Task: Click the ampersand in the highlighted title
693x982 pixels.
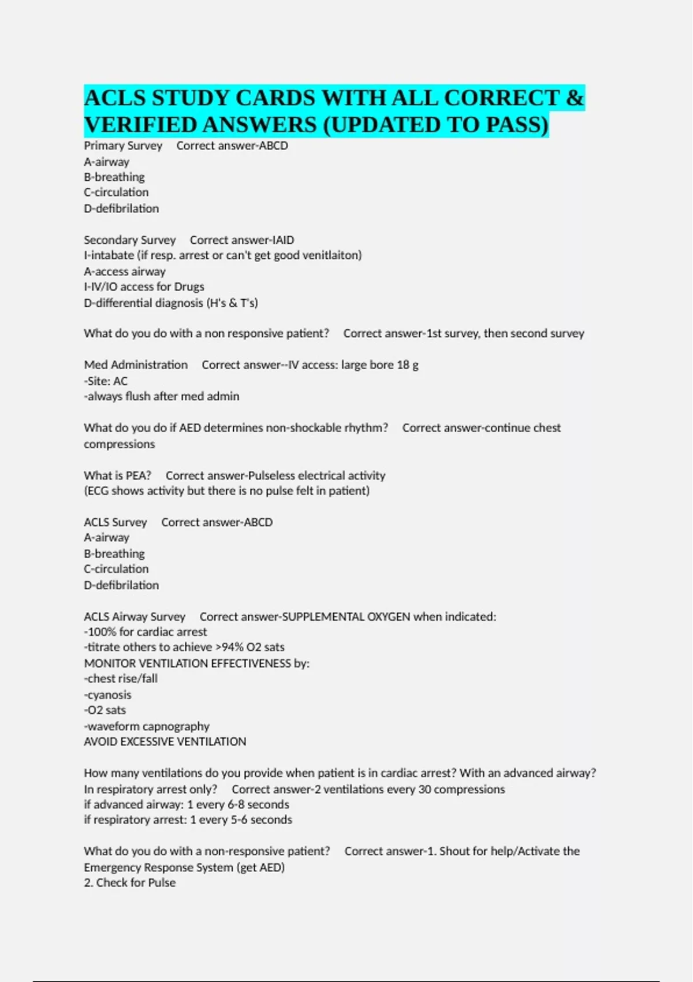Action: pos(575,98)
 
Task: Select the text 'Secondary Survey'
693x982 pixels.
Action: pos(129,240)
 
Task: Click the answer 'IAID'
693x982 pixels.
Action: pos(283,240)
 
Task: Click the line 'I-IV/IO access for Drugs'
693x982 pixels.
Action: pos(144,287)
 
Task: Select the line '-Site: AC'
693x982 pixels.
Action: pos(106,381)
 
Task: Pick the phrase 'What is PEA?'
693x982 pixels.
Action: pos(117,475)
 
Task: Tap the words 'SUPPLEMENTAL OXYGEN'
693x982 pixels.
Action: pos(346,617)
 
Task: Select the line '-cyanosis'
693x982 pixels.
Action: pos(107,695)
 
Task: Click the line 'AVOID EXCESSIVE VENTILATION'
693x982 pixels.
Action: pos(165,742)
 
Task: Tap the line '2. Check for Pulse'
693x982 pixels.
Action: pos(129,883)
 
